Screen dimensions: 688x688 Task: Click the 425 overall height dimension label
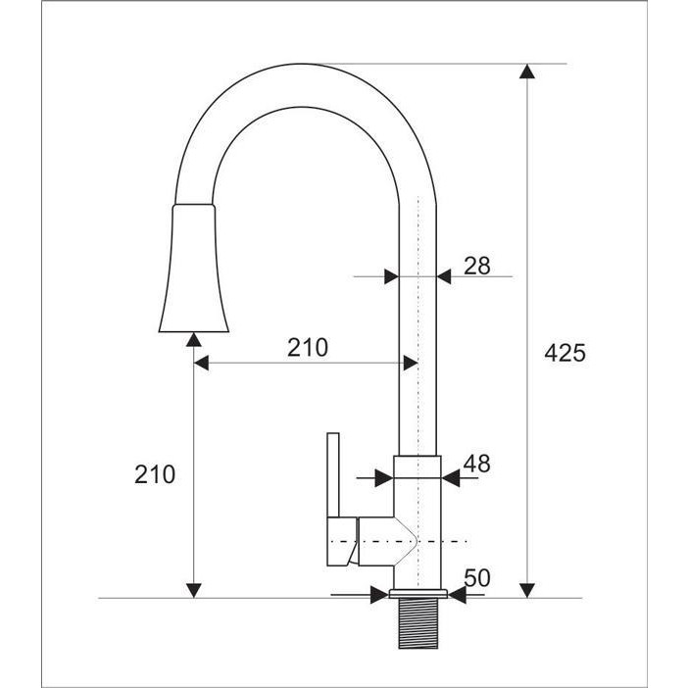click(x=565, y=353)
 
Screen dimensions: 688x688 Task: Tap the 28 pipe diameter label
click(x=477, y=266)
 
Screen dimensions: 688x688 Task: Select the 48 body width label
click(x=477, y=464)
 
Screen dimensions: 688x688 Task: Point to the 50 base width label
click(x=477, y=578)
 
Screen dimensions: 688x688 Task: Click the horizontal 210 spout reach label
click(x=308, y=348)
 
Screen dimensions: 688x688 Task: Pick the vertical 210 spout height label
click(x=155, y=474)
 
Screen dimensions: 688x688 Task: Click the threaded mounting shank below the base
click(x=418, y=623)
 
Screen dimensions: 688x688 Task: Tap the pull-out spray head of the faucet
click(x=194, y=269)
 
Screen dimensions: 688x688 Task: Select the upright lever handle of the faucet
click(x=333, y=475)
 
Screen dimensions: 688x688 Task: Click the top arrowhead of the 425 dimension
click(x=527, y=72)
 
